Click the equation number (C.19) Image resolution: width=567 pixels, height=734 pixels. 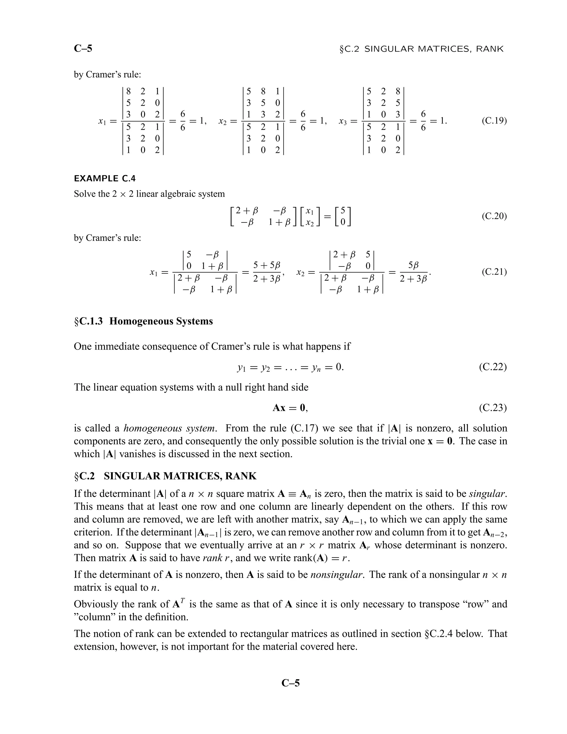tap(494, 121)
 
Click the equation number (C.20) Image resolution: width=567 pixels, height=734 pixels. tap(494, 216)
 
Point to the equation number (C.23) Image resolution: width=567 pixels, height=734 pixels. tap(493, 408)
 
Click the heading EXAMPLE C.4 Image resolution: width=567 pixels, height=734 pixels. tap(105, 178)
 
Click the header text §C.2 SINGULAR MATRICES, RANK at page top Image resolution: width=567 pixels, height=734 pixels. tap(422, 49)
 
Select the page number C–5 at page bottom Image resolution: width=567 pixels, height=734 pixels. tap(290, 683)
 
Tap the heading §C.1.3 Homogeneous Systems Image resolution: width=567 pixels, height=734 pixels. tap(143, 321)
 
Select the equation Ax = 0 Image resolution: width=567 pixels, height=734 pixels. tap(290, 408)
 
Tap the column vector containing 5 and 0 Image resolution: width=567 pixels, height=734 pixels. tap(343, 216)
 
